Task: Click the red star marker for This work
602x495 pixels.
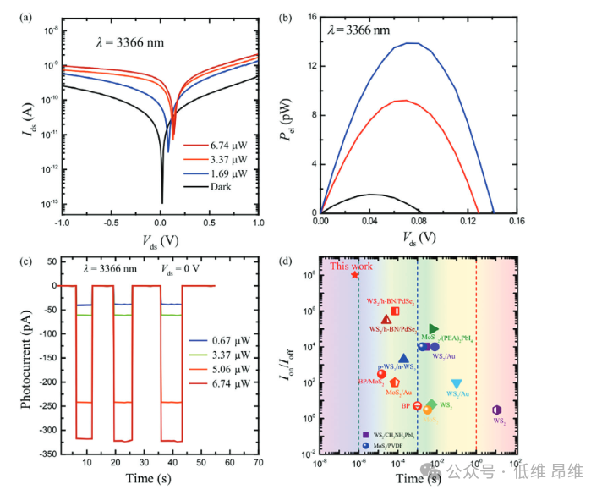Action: [x=355, y=275]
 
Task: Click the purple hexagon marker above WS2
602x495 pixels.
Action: [x=497, y=410]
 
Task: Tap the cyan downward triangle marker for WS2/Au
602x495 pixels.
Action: [x=457, y=384]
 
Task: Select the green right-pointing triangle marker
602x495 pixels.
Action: [x=434, y=328]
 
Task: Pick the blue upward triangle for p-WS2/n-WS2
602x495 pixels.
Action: [x=403, y=359]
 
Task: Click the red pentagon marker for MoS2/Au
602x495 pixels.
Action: [x=395, y=383]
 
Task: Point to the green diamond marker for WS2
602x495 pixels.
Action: [x=432, y=404]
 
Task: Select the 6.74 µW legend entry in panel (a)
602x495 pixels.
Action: [x=227, y=145]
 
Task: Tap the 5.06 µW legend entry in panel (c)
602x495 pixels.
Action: [x=227, y=371]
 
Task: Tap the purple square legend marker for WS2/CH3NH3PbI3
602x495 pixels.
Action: [x=364, y=434]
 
